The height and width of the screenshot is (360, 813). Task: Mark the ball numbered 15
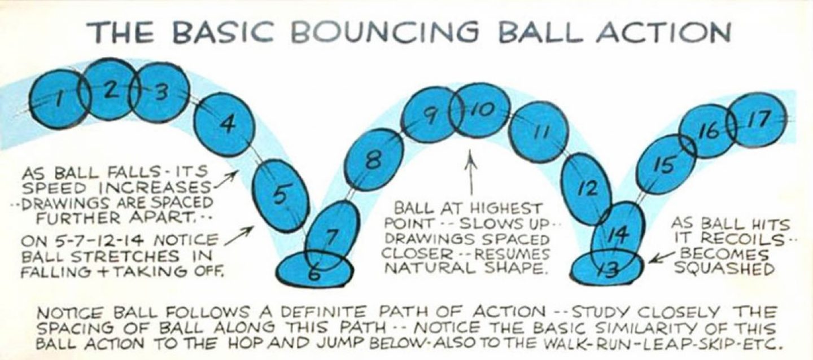point(666,165)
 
